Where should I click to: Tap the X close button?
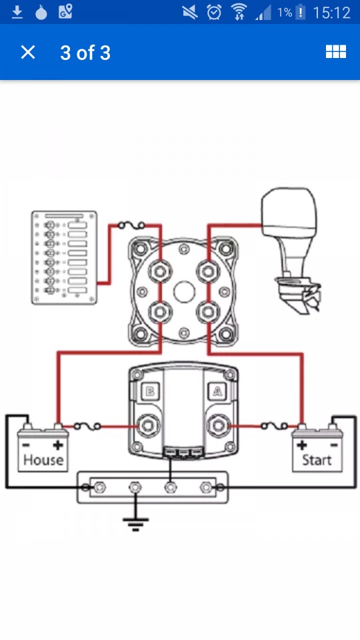[28, 52]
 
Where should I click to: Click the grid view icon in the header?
[335, 51]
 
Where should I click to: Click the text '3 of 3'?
[85, 53]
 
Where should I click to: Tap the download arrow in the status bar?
[17, 13]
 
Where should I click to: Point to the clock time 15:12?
[331, 13]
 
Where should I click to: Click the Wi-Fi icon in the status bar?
[239, 13]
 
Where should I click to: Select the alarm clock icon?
[214, 12]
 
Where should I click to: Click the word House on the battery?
[43, 460]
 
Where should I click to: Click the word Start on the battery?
[317, 460]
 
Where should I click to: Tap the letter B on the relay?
[150, 392]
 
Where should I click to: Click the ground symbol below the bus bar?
[135, 523]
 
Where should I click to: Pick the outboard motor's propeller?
[311, 298]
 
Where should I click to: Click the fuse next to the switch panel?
[131, 225]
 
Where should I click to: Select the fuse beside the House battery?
[87, 427]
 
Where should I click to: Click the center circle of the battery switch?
[184, 291]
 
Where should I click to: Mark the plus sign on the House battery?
[59, 445]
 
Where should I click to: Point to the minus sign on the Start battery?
[334, 445]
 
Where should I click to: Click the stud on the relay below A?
[217, 426]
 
